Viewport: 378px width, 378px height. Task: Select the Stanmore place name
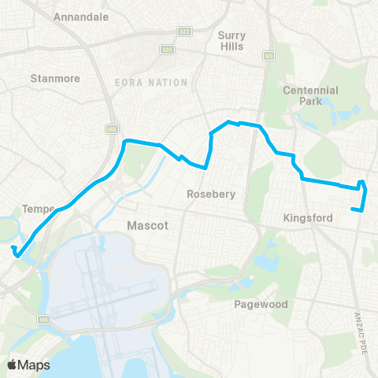pyautogui.click(x=50, y=78)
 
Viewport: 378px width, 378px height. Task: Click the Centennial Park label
pyautogui.click(x=310, y=96)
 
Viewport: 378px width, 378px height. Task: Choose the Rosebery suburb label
pyautogui.click(x=211, y=194)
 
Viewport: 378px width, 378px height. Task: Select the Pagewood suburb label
pyautogui.click(x=261, y=304)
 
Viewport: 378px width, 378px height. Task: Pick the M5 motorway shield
pyautogui.click(x=44, y=319)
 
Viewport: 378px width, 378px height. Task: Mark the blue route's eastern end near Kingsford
pyautogui.click(x=352, y=209)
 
